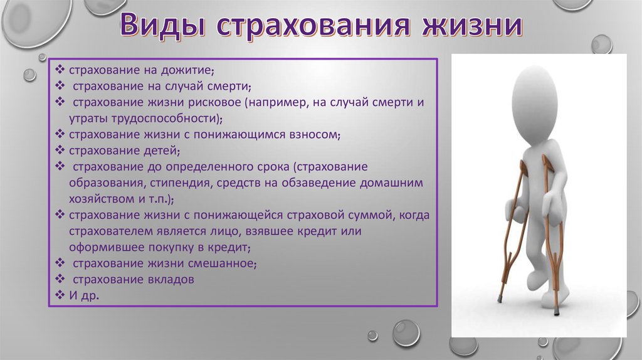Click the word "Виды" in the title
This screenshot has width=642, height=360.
[162, 24]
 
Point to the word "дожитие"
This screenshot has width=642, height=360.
[187, 70]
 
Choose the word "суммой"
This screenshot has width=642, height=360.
[371, 215]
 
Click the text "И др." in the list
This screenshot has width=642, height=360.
[84, 295]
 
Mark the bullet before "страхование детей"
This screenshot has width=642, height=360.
[60, 150]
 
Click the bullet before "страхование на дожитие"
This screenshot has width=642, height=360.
[60, 70]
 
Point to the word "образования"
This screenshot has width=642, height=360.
[105, 183]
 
